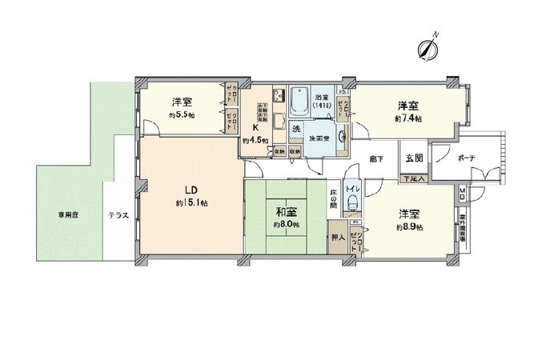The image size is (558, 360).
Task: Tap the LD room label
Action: click(191, 190)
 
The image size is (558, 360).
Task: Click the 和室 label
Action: click(287, 214)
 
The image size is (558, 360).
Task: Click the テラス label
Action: click(118, 215)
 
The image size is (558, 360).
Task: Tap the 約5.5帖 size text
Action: click(181, 114)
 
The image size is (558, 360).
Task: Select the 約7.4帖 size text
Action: click(407, 118)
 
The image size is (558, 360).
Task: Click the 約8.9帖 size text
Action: click(407, 226)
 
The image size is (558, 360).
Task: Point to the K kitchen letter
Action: click(255, 127)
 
